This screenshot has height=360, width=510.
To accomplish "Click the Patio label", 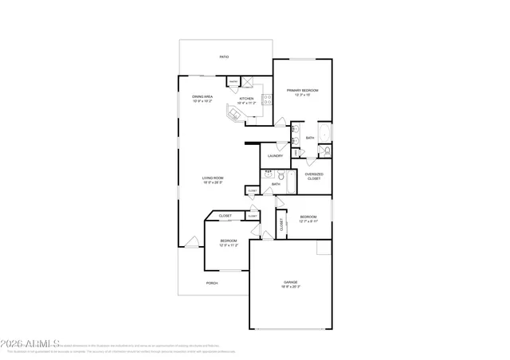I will tap(225, 57).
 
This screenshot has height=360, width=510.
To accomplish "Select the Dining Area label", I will tap(202, 97).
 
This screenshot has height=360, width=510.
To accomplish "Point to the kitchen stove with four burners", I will tap(268, 100).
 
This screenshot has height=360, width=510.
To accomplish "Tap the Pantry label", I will tap(233, 81).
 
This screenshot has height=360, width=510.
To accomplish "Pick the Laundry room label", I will tap(275, 156).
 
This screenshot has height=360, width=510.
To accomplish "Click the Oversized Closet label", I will tap(314, 175).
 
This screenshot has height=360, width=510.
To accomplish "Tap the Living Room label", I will tap(212, 178).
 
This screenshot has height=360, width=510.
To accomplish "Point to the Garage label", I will tap(291, 282).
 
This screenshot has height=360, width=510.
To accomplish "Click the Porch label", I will tap(212, 283).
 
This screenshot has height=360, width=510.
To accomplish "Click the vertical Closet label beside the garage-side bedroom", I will tap(281, 225).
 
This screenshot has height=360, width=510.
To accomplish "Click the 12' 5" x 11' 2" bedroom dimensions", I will tap(229, 245).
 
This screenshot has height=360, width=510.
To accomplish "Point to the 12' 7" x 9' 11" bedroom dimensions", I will tap(308, 221).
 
